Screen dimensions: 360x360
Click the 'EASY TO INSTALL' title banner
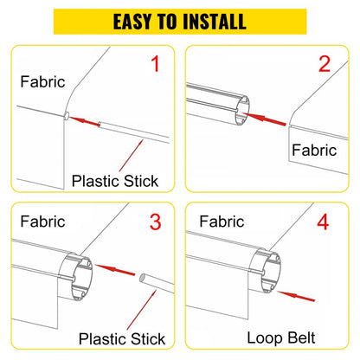click(x=180, y=20)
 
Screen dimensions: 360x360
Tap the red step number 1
click(x=155, y=64)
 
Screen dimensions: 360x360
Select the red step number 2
click(x=325, y=64)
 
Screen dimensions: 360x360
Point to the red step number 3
click(x=155, y=222)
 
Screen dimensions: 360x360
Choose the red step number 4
click(x=323, y=222)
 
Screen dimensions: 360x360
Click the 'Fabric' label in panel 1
click(x=41, y=82)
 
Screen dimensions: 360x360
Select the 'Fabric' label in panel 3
click(x=41, y=222)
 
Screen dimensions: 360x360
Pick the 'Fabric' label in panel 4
click(x=222, y=222)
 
